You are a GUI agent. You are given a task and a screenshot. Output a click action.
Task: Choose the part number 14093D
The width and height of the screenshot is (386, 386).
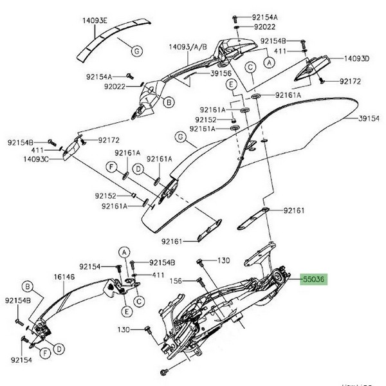(356, 59)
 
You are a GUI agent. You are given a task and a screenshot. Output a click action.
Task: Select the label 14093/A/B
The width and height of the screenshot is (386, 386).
(188, 48)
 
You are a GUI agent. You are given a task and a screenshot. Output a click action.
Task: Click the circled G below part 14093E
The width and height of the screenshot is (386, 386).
(137, 51)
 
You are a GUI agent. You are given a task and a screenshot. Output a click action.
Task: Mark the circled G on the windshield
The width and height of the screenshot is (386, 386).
(181, 136)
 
